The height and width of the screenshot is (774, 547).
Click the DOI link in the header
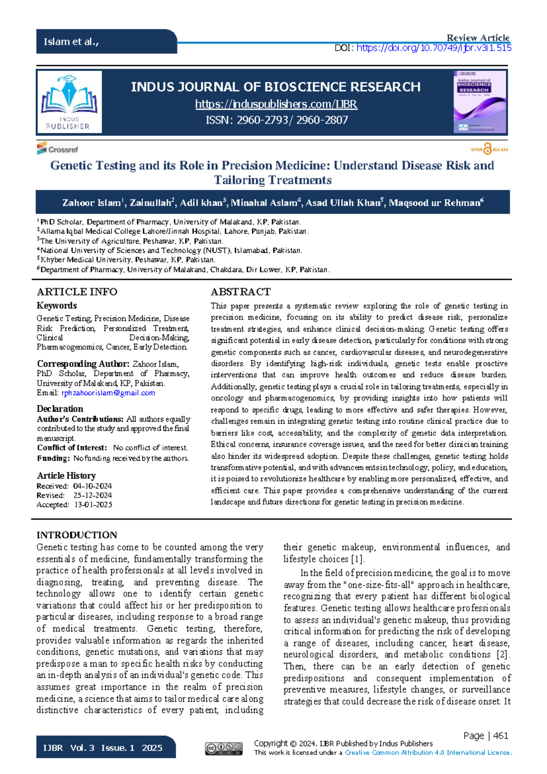coord(433,48)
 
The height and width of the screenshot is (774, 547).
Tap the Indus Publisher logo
coord(69,102)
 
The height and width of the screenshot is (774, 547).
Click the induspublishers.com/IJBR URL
coord(276,105)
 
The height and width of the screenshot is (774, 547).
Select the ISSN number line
coord(276,120)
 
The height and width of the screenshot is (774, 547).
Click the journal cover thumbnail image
coord(480,102)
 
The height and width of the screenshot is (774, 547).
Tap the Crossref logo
coord(57,149)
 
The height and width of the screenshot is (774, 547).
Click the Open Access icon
coord(489,149)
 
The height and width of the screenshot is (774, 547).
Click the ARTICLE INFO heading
coord(77,292)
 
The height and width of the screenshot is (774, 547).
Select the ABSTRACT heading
coord(240,292)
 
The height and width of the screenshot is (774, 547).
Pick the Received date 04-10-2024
coord(92,486)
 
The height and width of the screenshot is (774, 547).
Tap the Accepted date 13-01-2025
coord(93,505)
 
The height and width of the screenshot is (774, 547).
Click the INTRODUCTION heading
coord(77,535)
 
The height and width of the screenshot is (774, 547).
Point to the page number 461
coord(501,736)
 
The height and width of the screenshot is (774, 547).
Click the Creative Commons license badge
coord(223,748)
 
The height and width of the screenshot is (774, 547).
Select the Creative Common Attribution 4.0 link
coord(428,753)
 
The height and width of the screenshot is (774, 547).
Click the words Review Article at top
coord(478,38)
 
